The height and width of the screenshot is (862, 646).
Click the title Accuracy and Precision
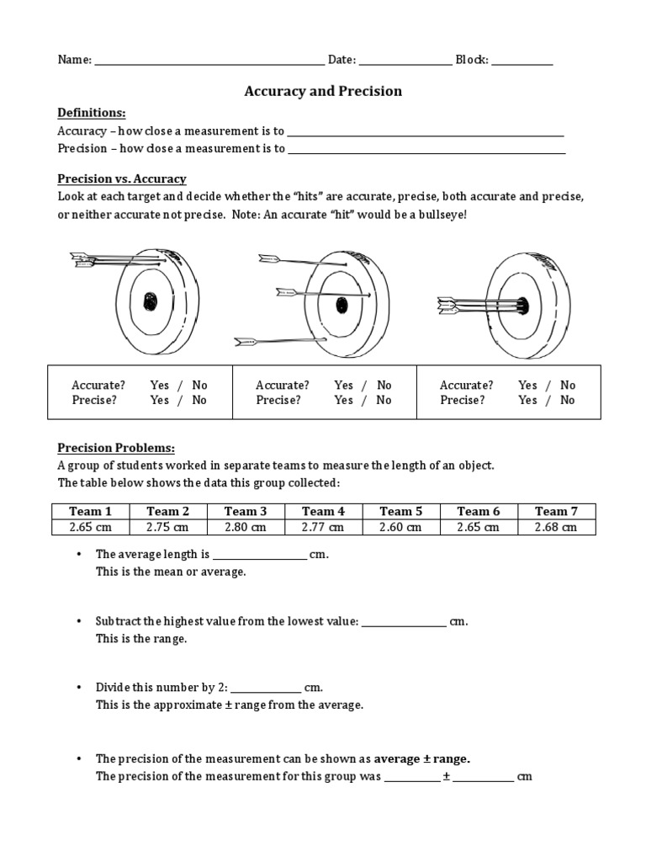pyautogui.click(x=323, y=91)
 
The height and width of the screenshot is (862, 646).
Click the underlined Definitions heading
pyautogui.click(x=91, y=113)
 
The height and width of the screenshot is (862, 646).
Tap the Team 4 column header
pyautogui.click(x=323, y=511)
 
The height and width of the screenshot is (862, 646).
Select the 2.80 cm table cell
pyautogui.click(x=246, y=527)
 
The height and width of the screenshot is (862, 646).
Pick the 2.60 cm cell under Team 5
pyautogui.click(x=400, y=527)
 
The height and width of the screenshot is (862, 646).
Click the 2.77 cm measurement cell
pyautogui.click(x=323, y=527)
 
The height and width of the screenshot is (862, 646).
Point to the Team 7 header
pyautogui.click(x=556, y=511)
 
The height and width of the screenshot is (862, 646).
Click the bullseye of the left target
pyautogui.click(x=151, y=301)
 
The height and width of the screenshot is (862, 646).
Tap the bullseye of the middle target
pyautogui.click(x=341, y=304)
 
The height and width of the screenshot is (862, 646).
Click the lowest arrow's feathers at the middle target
pyautogui.click(x=246, y=341)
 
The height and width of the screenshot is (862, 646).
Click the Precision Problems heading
pyautogui.click(x=116, y=448)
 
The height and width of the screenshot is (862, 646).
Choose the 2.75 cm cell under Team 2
pyautogui.click(x=168, y=527)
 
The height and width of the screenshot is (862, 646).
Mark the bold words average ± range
pyautogui.click(x=421, y=758)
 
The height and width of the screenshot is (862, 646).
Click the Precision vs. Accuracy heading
pyautogui.click(x=121, y=178)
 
